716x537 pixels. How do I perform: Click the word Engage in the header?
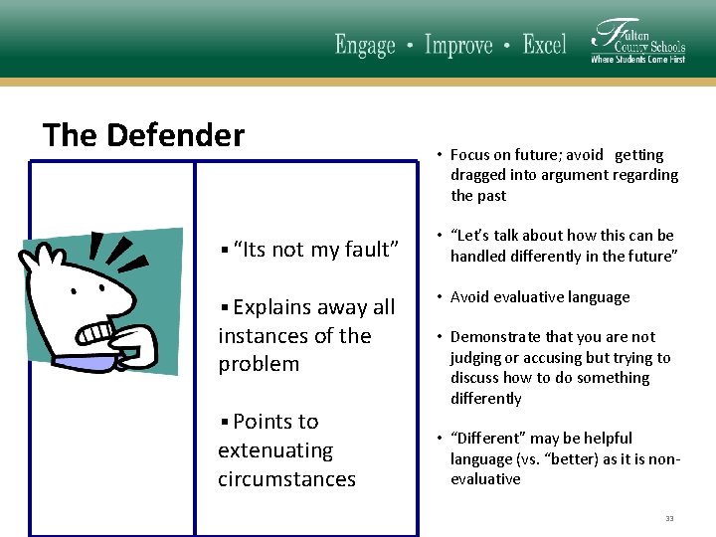pyautogui.click(x=365, y=46)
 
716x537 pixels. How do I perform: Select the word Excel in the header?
pyautogui.click(x=544, y=46)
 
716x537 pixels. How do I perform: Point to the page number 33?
pyautogui.click(x=669, y=518)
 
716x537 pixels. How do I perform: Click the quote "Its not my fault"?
pyautogui.click(x=315, y=250)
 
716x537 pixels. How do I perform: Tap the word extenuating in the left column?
pyautogui.click(x=275, y=450)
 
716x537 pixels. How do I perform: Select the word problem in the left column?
pyautogui.click(x=259, y=364)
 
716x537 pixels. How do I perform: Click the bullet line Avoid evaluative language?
pyautogui.click(x=540, y=297)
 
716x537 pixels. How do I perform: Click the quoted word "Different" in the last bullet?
pyautogui.click(x=487, y=439)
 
